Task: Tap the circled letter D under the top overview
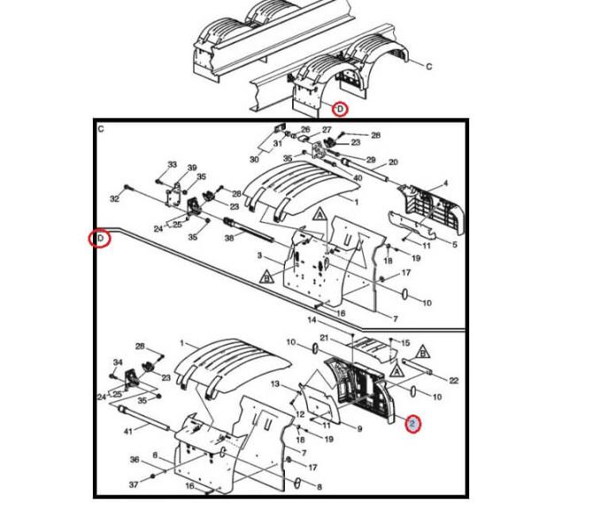pos(339,109)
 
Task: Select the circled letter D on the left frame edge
pos(101,238)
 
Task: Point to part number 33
pos(172,165)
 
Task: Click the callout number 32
pos(115,199)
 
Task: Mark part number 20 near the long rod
pos(393,162)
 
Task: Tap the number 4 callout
pos(445,183)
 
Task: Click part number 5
pos(456,245)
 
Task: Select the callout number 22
pos(453,380)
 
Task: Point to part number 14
pos(312,319)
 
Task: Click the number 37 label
pos(134,485)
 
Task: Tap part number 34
pos(119,362)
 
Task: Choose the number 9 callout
pos(359,429)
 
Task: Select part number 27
pos(326,129)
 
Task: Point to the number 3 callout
pos(260,257)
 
